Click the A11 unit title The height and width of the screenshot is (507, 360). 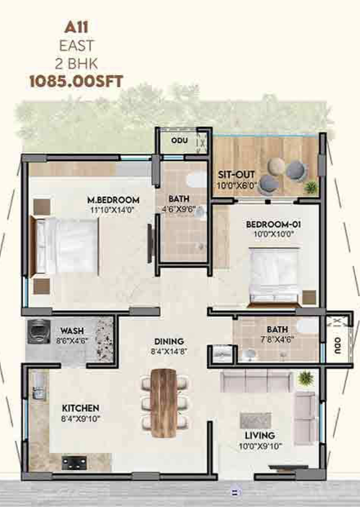(x=76, y=28)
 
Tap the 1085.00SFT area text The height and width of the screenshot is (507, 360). (x=76, y=82)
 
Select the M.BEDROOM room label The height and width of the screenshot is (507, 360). (x=114, y=200)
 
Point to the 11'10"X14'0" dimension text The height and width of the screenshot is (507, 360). (x=112, y=210)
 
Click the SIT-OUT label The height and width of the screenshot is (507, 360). (x=236, y=175)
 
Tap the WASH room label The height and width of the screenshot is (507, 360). (x=72, y=331)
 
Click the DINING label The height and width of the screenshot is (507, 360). (x=169, y=342)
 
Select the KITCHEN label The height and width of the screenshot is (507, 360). (x=80, y=408)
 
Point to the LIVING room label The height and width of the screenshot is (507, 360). (x=259, y=436)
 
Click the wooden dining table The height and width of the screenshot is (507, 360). (x=164, y=403)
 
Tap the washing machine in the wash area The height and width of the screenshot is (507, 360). (x=38, y=332)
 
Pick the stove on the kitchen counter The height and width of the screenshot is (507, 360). (x=74, y=463)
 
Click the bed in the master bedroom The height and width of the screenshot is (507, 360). (x=64, y=246)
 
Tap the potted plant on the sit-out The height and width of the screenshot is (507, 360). (x=311, y=187)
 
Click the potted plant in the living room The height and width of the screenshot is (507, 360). (x=305, y=378)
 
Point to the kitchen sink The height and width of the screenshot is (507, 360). (x=38, y=387)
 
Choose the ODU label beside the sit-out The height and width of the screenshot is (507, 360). (x=179, y=141)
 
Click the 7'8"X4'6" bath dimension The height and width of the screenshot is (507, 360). (x=277, y=339)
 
